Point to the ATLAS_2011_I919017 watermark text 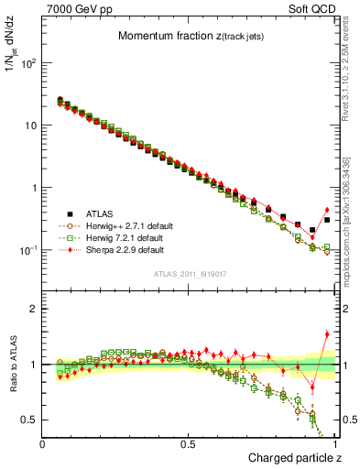pos(189,275)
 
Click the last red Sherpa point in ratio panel pos(326,334)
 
